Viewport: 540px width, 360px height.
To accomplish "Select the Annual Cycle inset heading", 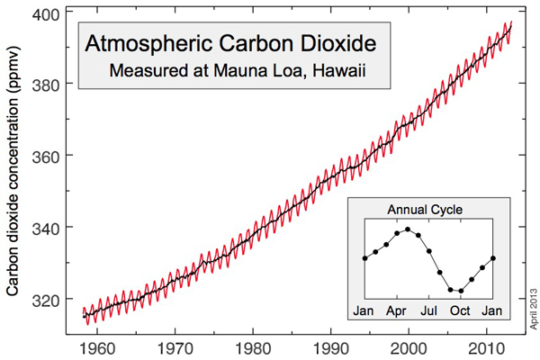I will coord(425,210).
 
